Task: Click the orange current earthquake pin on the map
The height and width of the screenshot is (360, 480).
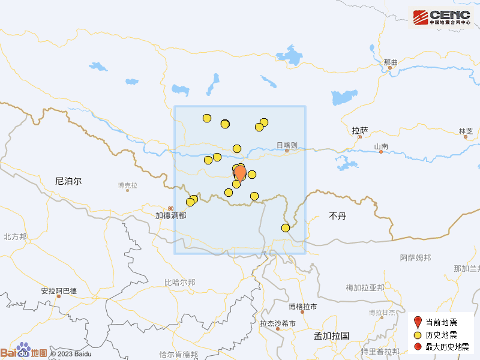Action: pyautogui.click(x=240, y=173)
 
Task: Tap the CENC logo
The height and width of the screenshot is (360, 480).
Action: pyautogui.click(x=440, y=17)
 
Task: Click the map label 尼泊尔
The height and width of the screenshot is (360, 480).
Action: pyautogui.click(x=68, y=181)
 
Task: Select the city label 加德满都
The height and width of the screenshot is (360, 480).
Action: pyautogui.click(x=170, y=215)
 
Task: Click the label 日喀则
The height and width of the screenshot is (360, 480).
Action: pyautogui.click(x=287, y=145)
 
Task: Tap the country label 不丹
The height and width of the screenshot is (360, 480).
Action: pyautogui.click(x=338, y=215)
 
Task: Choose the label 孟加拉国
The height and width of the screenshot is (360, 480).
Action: pyautogui.click(x=331, y=336)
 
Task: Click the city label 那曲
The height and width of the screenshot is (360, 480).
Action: pyautogui.click(x=391, y=62)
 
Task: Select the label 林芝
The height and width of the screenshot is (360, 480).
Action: pyautogui.click(x=466, y=131)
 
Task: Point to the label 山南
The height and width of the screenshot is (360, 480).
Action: pyautogui.click(x=381, y=146)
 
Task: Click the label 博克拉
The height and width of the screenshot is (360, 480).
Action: pyautogui.click(x=127, y=185)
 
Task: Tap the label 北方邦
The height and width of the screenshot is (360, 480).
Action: pyautogui.click(x=15, y=237)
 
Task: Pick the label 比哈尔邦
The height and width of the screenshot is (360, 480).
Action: pyautogui.click(x=179, y=282)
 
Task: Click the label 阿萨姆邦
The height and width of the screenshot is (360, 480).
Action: pyautogui.click(x=415, y=258)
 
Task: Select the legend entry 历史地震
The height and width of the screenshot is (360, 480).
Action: pyautogui.click(x=441, y=335)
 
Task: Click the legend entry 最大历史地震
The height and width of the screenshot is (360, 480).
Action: pyautogui.click(x=445, y=347)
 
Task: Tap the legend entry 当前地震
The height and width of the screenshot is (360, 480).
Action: pyautogui.click(x=441, y=322)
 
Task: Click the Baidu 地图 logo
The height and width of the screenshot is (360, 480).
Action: pyautogui.click(x=24, y=352)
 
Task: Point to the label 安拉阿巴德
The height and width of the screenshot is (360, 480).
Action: pyautogui.click(x=59, y=291)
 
